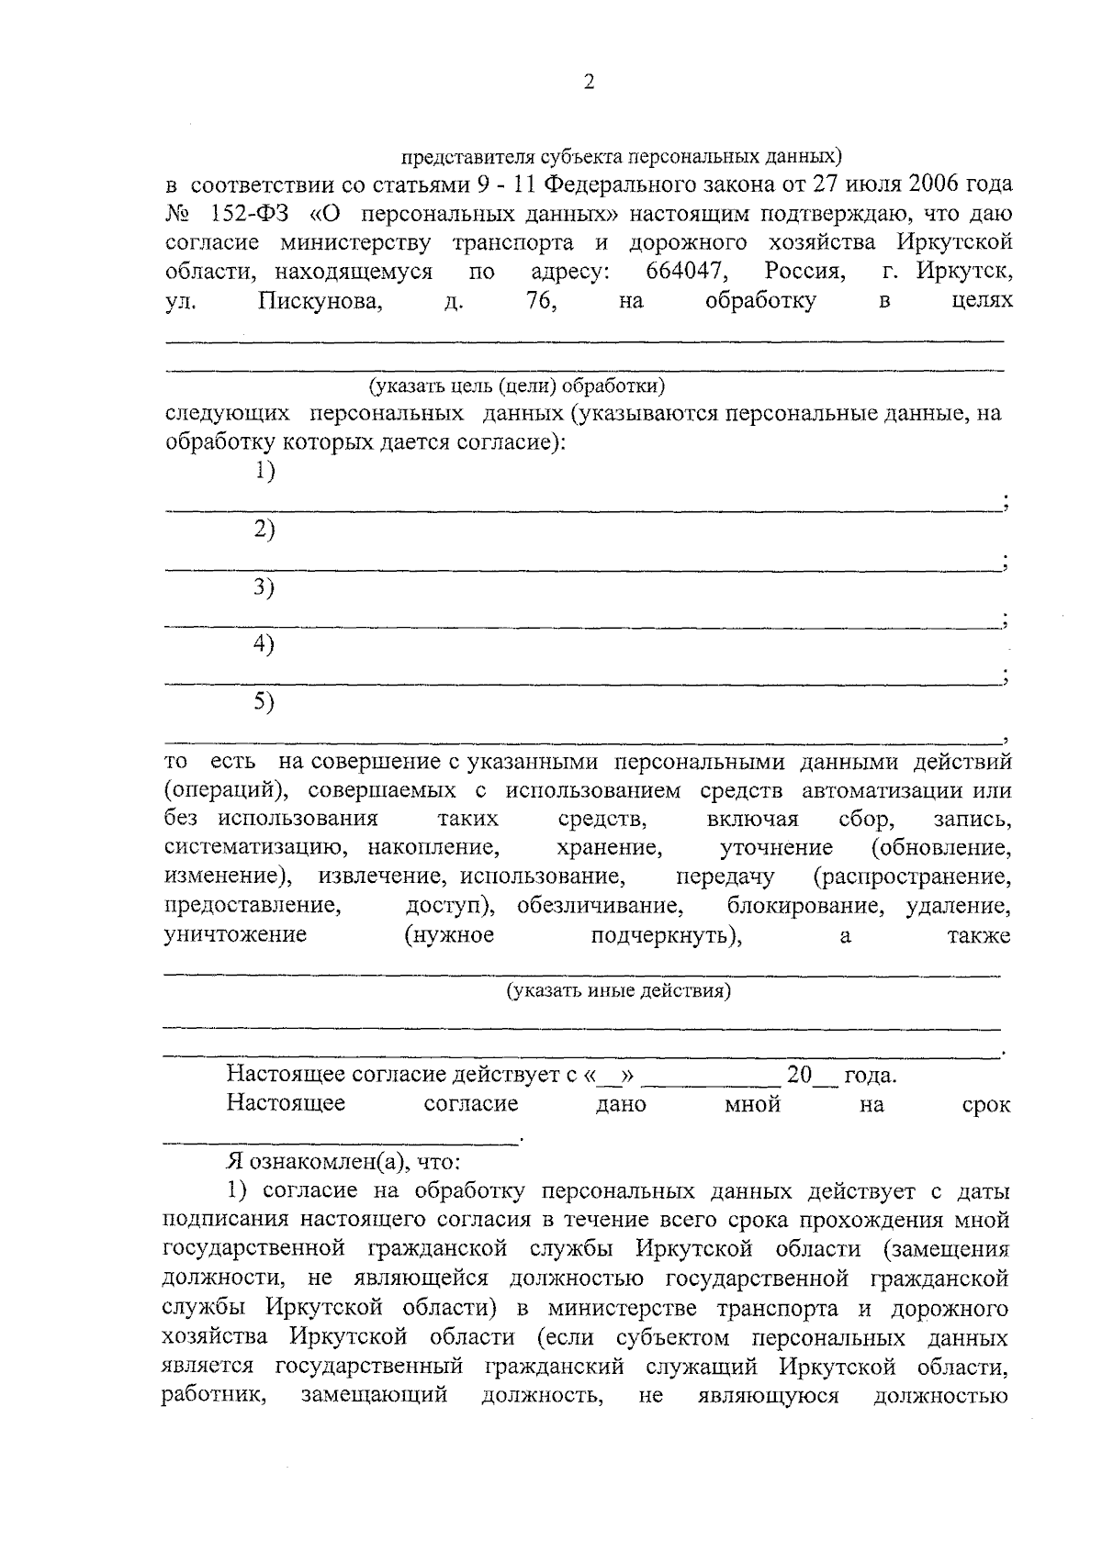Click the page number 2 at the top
click(589, 83)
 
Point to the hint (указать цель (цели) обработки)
click(517, 385)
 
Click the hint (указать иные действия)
click(619, 991)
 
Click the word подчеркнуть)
click(666, 935)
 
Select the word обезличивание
click(599, 906)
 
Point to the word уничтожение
click(235, 935)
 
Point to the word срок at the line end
click(985, 1104)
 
